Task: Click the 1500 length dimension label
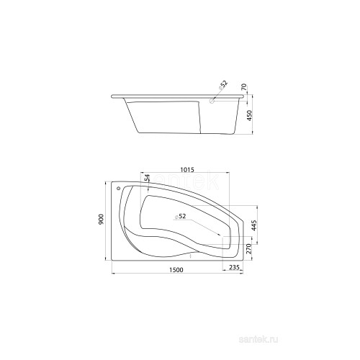(176, 270)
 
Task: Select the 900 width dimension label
(101, 219)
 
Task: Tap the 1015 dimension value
(187, 169)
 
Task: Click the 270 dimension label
(248, 249)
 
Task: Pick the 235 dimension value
(234, 267)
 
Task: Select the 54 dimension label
(147, 178)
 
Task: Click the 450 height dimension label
(250, 115)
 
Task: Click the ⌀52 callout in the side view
(222, 85)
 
